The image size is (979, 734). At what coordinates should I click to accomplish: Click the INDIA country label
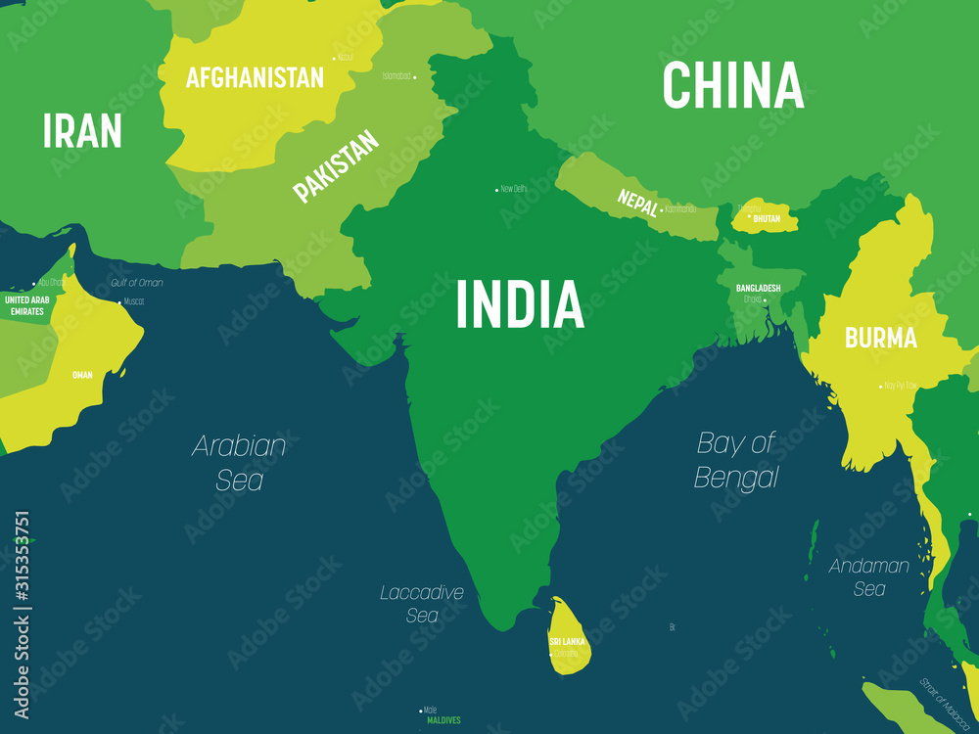[520, 303]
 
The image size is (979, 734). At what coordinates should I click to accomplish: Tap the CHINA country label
[732, 86]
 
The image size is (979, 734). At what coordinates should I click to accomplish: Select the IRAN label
[82, 130]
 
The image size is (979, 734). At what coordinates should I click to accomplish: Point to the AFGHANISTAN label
[255, 77]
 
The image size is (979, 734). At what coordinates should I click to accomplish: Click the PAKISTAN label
[336, 167]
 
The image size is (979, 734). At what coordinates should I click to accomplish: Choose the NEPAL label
[637, 203]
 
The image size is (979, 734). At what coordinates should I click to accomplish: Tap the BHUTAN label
[767, 219]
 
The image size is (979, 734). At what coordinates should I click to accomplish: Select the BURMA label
[881, 339]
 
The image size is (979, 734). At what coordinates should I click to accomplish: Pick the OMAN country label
[82, 375]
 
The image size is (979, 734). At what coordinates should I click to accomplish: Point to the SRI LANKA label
[568, 642]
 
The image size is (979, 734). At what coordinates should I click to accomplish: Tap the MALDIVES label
[443, 720]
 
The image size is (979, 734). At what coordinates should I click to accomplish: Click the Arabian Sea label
[239, 462]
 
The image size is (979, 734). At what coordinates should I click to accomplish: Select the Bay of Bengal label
[736, 460]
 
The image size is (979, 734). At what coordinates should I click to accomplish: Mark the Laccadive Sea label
[422, 604]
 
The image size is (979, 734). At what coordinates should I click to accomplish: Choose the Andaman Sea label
[869, 576]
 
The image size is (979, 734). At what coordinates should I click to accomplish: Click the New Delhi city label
[513, 189]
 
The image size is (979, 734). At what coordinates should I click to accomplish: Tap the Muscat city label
[133, 301]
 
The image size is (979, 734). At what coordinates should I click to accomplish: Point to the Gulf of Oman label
[137, 283]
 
